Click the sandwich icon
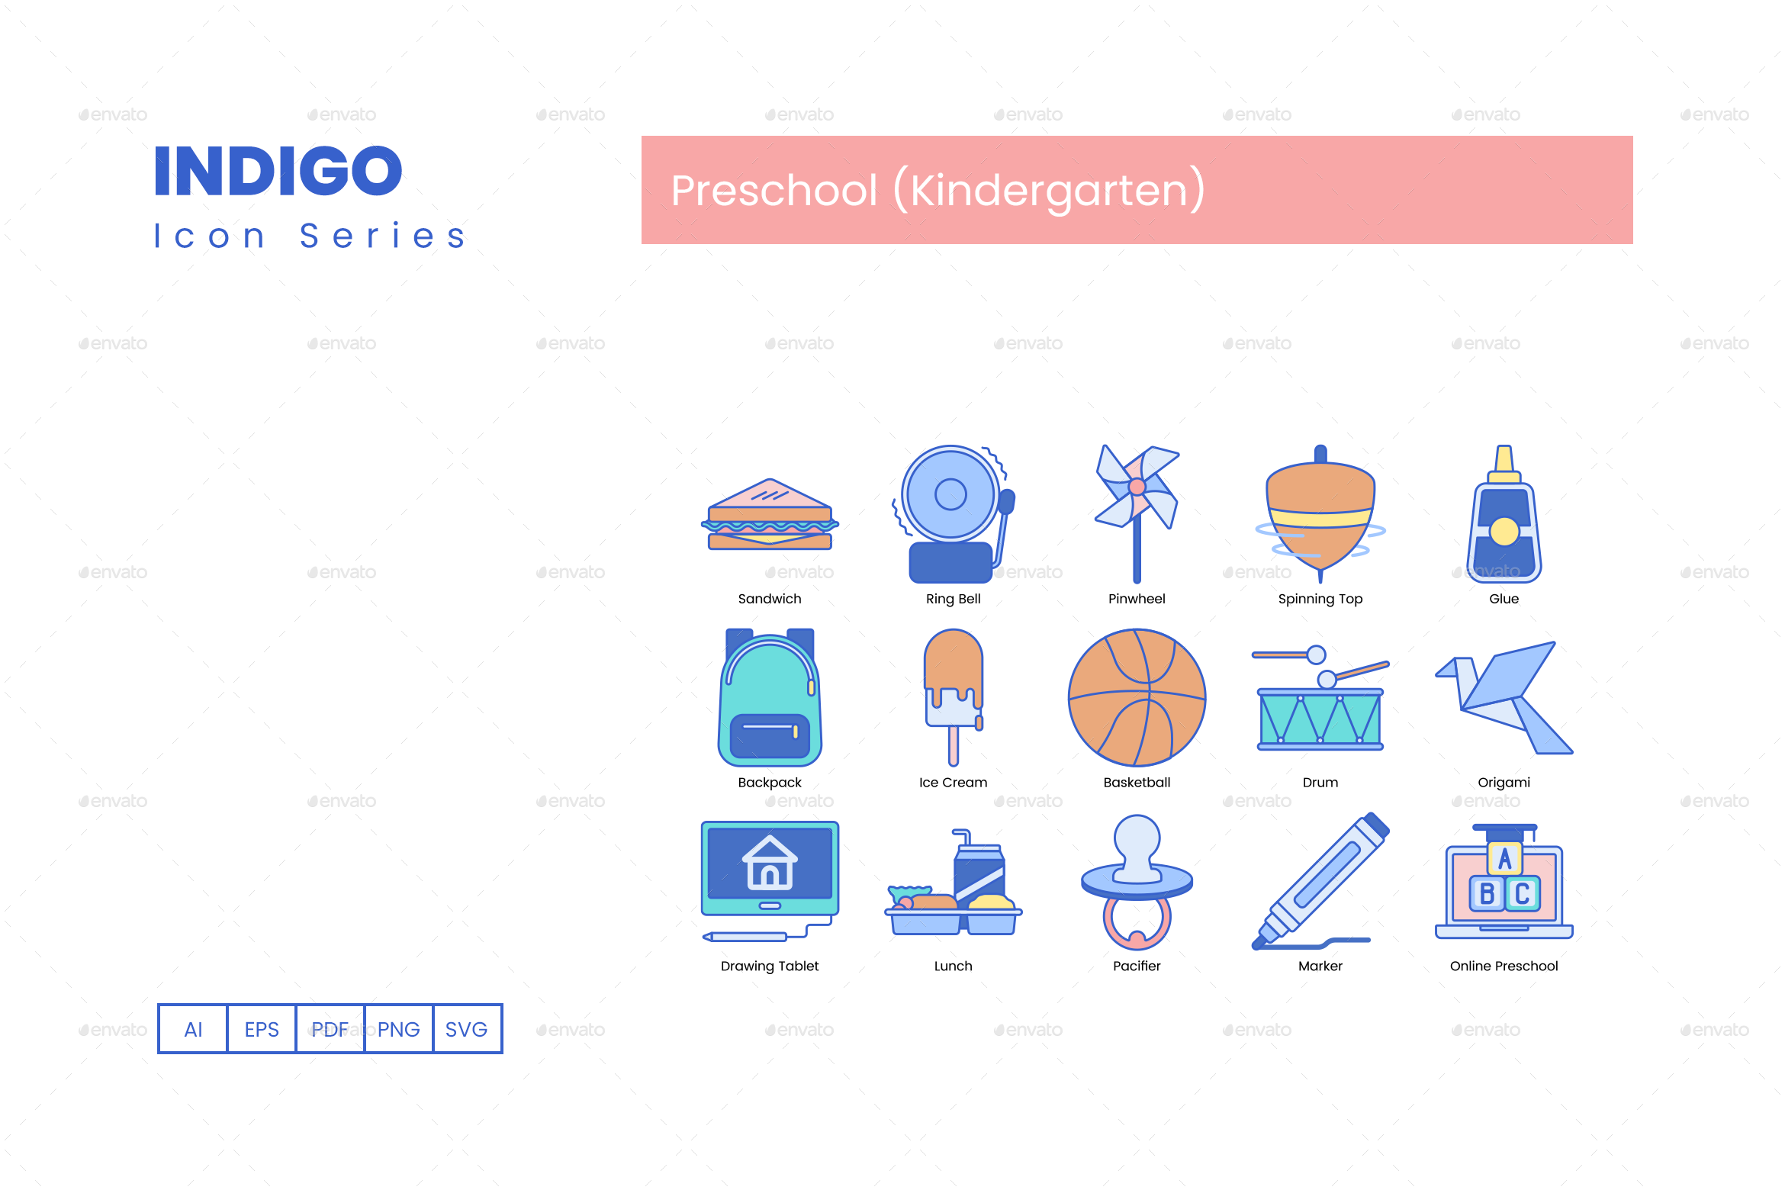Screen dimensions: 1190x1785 click(x=770, y=516)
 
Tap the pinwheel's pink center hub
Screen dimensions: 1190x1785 click(x=1137, y=486)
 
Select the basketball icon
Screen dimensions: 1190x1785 click(x=1137, y=697)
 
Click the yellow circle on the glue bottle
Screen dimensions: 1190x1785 click(x=1504, y=532)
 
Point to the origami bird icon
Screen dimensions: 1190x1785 click(x=1504, y=697)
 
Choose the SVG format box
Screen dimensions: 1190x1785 click(x=466, y=1029)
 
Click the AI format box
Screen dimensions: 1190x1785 click(x=193, y=1029)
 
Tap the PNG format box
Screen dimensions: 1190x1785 click(x=398, y=1029)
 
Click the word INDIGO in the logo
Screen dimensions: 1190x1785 click(x=278, y=172)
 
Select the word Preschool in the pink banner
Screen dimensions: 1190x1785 click(x=774, y=191)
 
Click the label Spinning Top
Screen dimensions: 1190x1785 click(x=1320, y=599)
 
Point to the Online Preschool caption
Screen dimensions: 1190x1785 click(x=1504, y=966)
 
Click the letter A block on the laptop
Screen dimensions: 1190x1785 click(x=1504, y=858)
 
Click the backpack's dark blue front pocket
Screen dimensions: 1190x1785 click(x=770, y=736)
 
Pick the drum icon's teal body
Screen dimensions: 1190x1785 click(x=1320, y=719)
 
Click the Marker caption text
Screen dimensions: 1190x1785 click(x=1320, y=966)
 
